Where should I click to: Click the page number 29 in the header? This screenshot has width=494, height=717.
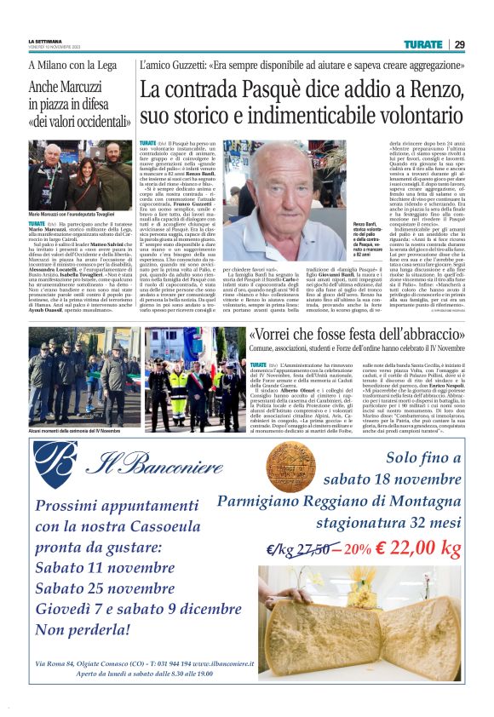(x=459, y=44)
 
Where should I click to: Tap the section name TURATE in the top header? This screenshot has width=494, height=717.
(x=422, y=44)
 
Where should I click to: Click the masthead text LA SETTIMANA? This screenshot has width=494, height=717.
(x=44, y=42)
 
